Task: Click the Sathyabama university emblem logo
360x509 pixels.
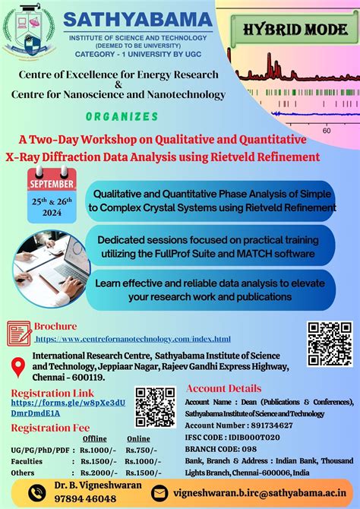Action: [30, 32]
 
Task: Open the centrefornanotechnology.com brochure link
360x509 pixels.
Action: [133, 338]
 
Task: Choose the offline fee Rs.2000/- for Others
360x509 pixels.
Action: [90, 472]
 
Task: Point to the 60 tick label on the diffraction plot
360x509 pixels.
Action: [326, 131]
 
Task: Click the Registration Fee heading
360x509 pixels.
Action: [49, 427]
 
